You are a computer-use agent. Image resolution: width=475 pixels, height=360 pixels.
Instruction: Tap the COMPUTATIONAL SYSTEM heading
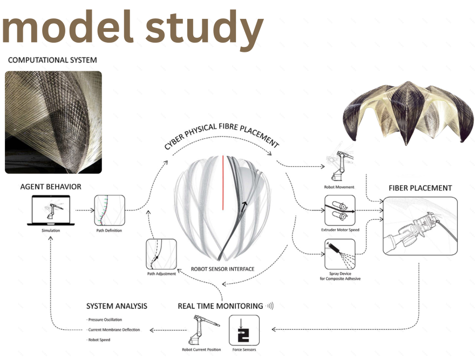[52, 60]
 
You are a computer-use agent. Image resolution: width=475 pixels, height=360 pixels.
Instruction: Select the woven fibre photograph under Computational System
[53, 122]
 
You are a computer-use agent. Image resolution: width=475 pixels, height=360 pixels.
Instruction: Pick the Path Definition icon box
[110, 210]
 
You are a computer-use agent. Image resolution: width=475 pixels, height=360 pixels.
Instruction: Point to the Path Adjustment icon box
[161, 254]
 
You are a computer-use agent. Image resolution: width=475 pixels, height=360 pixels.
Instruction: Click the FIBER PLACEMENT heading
[420, 188]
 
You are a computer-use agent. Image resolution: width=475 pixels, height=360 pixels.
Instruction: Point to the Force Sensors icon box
[244, 330]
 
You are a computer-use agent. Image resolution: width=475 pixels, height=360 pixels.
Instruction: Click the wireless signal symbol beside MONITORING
[269, 306]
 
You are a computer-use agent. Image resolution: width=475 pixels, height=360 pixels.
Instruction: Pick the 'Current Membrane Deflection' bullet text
[113, 330]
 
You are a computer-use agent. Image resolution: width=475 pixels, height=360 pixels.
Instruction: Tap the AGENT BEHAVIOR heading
[50, 187]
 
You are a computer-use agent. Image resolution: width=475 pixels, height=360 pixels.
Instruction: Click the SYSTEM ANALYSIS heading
[116, 306]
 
